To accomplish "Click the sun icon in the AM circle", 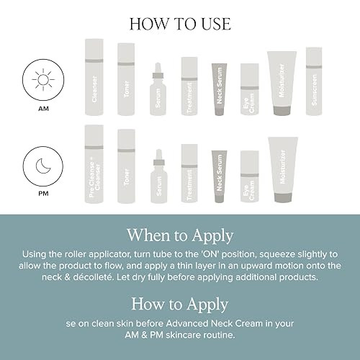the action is pos(43,80).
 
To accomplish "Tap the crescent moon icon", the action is pos(43,166).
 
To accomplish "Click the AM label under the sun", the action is pos(43,109).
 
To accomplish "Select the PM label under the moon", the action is pos(43,194).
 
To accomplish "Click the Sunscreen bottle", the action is pos(314,81).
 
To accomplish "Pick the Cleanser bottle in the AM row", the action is pos(94,77).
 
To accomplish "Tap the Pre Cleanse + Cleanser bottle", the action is pos(94,164).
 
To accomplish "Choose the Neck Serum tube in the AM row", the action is pos(220,89).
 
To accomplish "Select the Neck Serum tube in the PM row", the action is pos(220,176).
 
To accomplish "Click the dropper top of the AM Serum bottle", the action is pos(158,71).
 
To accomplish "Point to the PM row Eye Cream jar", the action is pos(250,176).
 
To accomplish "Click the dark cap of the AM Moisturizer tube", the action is pos(282,111).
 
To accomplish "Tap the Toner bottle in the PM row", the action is pos(126,166).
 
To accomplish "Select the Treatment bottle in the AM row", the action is pos(189,86).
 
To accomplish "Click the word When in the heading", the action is pos(148,235).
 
